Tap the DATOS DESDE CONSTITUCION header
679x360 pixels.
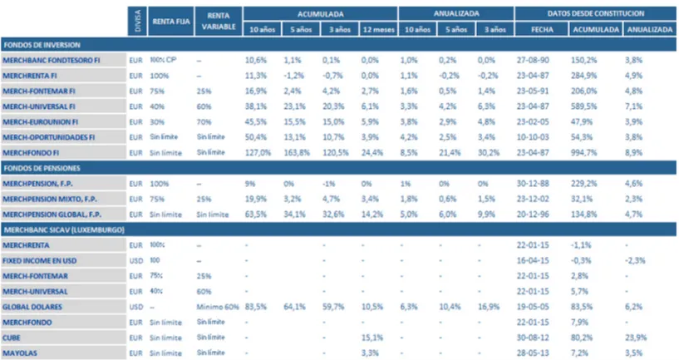597,13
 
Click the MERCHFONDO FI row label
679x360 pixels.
31,152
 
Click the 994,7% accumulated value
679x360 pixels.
585,152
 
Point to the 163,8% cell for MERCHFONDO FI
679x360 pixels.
297,152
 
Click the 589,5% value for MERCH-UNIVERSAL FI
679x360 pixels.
585,106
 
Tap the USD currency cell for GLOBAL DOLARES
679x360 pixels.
136,306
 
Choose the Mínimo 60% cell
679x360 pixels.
219,306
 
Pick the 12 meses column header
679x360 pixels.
376,30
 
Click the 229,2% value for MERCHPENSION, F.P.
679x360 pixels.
585,182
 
